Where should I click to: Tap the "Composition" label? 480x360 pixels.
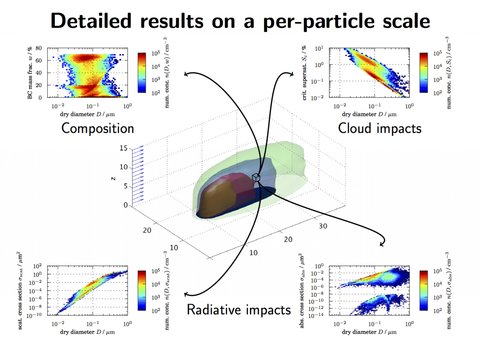[x=97, y=128]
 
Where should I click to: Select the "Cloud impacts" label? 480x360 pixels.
[x=380, y=128]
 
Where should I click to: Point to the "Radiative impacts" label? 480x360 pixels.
[x=239, y=310]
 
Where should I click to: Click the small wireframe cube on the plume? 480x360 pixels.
[x=256, y=178]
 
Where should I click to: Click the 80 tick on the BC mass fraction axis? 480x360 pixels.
[x=38, y=48]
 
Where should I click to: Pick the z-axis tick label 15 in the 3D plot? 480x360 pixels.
[x=123, y=148]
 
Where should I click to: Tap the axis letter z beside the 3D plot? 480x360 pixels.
[x=113, y=178]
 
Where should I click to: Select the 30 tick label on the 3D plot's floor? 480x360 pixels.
[x=323, y=226]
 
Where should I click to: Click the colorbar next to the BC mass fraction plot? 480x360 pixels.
[x=142, y=73]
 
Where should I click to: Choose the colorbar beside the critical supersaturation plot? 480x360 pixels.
[x=424, y=73]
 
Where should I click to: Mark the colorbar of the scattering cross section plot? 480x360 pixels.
[x=142, y=291]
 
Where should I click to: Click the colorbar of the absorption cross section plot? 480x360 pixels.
[x=424, y=291]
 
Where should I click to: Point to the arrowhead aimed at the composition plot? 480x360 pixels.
[x=186, y=74]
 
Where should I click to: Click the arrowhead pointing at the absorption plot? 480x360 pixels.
[x=382, y=244]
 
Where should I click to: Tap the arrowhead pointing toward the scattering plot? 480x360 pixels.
[x=186, y=294]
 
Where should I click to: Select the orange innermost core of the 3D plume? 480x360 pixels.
[x=218, y=198]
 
